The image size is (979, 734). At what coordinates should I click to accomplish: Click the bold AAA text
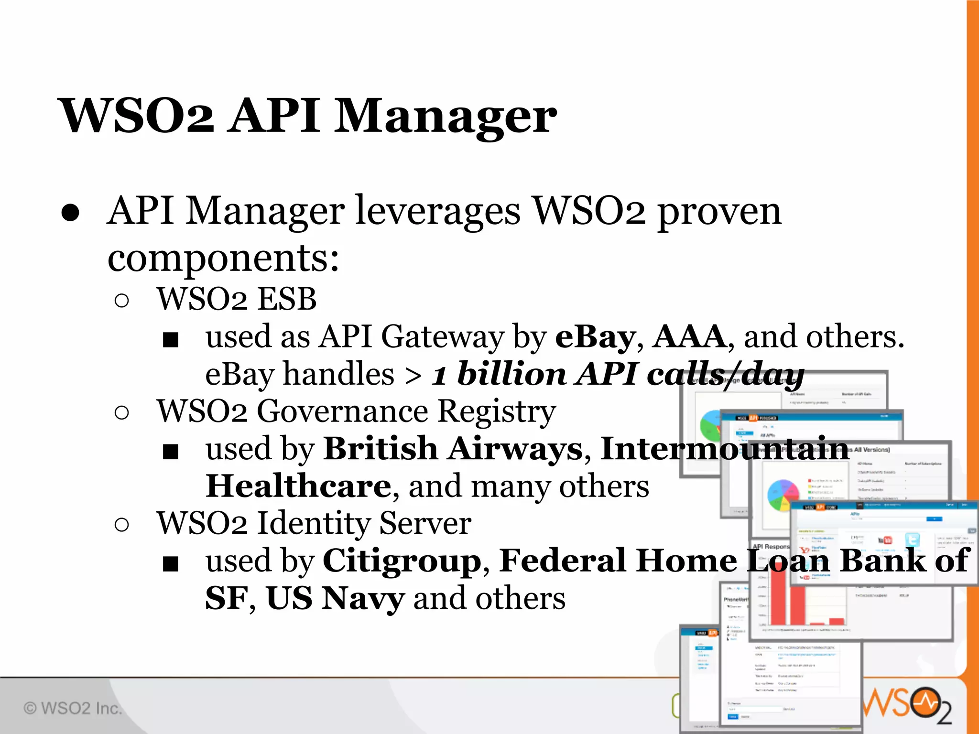(690, 337)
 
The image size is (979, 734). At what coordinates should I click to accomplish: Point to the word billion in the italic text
(511, 374)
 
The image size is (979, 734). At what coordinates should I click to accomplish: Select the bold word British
(381, 449)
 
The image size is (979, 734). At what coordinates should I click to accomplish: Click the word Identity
(314, 523)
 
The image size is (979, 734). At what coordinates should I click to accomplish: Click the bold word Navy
(363, 598)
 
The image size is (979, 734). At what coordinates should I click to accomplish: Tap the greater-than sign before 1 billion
(413, 376)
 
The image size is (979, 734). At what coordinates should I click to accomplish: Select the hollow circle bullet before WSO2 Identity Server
(122, 525)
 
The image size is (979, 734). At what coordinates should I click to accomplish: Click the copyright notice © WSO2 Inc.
(73, 708)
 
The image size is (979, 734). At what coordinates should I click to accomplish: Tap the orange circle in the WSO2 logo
(926, 702)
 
